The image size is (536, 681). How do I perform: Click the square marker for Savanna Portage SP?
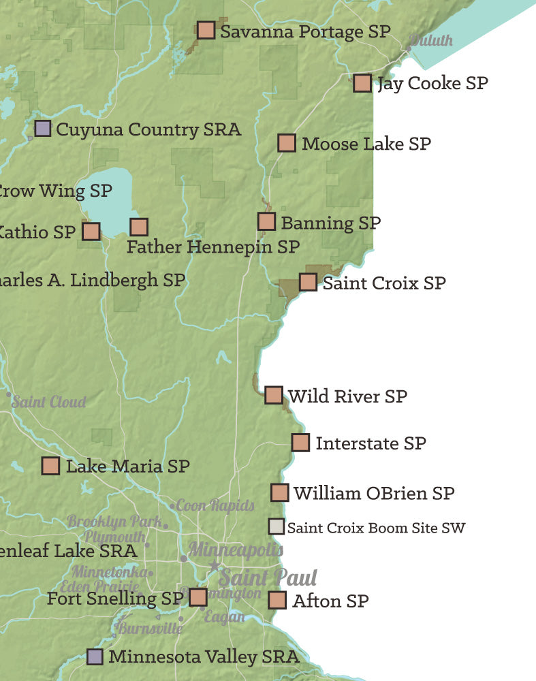pos(206,30)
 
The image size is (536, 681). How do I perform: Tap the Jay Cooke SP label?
pos(432,83)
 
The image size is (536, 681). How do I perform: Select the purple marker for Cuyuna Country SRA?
pos(43,128)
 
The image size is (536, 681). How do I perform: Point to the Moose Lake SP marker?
pos(287,143)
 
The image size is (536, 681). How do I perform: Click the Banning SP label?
pos(330,223)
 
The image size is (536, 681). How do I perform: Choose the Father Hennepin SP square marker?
pos(139,227)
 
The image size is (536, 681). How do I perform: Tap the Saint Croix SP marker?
pos(308,282)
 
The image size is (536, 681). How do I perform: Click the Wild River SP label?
pos(347,396)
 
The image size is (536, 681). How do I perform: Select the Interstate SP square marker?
pos(300,443)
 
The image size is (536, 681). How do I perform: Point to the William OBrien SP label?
pos(373,493)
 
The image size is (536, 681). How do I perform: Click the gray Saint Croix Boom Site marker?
pos(276,527)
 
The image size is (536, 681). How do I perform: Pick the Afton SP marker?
pos(277,600)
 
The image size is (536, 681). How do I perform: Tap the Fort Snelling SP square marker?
pos(198,597)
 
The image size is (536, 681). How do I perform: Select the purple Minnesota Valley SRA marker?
pos(95,656)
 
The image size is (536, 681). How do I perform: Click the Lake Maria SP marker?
pos(50,466)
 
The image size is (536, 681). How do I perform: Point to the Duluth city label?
pos(431,40)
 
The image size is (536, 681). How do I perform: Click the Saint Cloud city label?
pos(49,402)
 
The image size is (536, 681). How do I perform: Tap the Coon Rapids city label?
pos(215,505)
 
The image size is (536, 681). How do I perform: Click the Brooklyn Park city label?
pos(114,522)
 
